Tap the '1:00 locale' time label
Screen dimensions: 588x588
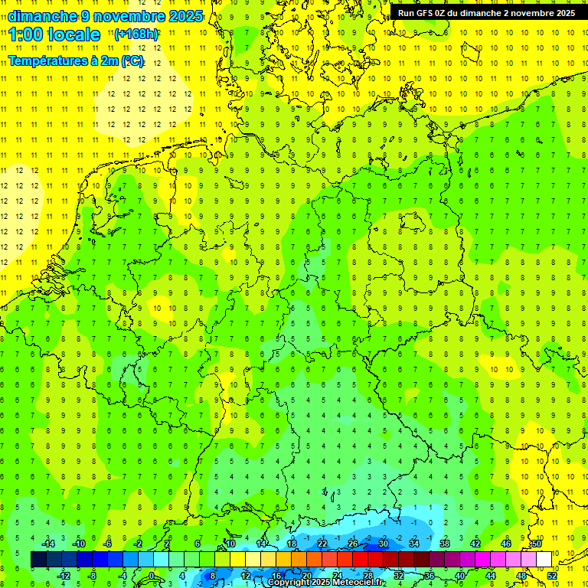[x=54, y=34]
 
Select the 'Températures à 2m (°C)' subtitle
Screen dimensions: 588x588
[x=76, y=60]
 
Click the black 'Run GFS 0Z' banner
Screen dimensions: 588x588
[x=486, y=13]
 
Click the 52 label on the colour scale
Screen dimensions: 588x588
[x=552, y=576]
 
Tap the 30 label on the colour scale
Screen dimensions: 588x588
[x=384, y=544]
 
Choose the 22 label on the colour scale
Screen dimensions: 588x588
[x=322, y=544]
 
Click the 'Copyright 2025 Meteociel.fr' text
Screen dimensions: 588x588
[x=325, y=583]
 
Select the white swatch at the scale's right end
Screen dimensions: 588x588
[x=544, y=559]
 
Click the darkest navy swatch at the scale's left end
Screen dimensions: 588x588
[x=38, y=559]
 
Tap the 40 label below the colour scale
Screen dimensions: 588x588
[x=460, y=576]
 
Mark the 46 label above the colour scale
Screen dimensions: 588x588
[x=506, y=544]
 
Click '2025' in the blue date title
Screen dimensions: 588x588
[x=186, y=16]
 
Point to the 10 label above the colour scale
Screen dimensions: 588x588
[x=230, y=544]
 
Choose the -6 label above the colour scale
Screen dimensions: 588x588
[x=108, y=544]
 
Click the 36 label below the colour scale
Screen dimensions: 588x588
[x=430, y=576]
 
